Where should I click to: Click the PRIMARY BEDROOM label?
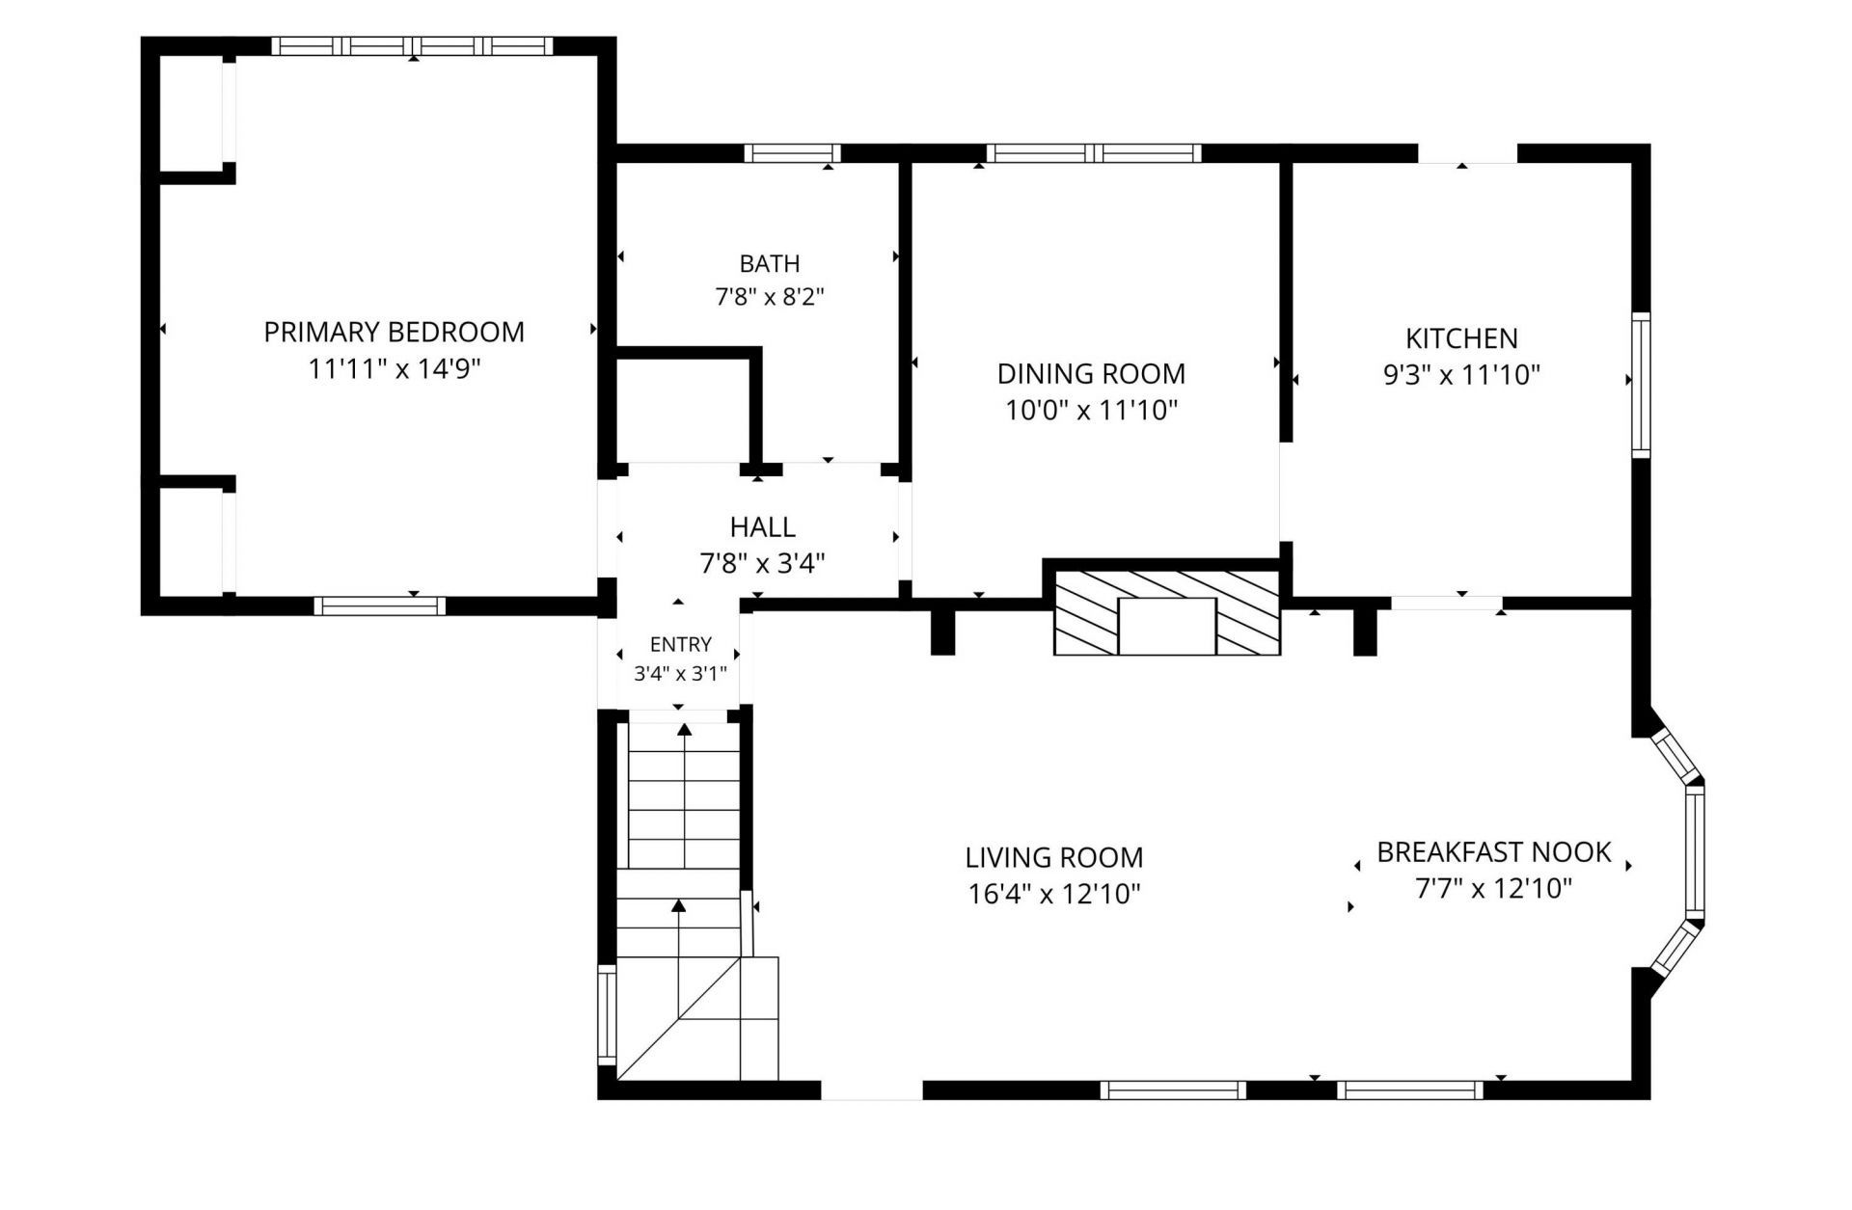[394, 332]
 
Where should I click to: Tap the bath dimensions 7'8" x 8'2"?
[769, 296]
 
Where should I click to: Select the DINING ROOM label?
[1091, 373]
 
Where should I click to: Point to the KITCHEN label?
[1461, 338]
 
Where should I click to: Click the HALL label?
[762, 527]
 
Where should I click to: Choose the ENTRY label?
[680, 644]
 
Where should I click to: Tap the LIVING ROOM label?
[1054, 857]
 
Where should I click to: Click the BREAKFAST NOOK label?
[1493, 852]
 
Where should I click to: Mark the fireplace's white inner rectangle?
[1167, 627]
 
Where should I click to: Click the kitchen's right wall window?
[1641, 385]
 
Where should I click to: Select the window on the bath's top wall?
[792, 153]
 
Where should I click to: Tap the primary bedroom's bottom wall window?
[380, 605]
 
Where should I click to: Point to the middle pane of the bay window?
[1695, 851]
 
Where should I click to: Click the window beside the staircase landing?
[607, 1013]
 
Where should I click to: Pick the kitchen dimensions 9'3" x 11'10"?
[1461, 375]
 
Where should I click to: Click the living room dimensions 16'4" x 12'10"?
[1054, 894]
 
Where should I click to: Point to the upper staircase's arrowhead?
[685, 730]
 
